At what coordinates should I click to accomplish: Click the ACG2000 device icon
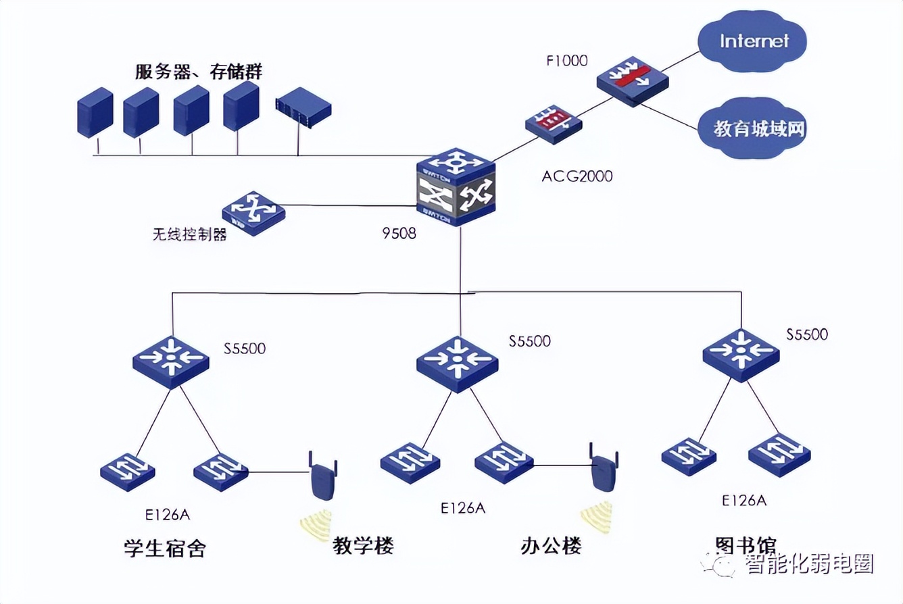point(554,124)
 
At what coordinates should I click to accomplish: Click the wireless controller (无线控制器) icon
point(253,212)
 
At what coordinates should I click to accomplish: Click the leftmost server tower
point(95,113)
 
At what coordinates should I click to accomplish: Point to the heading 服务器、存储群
point(199,72)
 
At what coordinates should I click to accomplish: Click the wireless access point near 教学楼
point(323,477)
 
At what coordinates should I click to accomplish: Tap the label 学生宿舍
point(165,547)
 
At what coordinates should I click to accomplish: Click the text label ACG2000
point(577,176)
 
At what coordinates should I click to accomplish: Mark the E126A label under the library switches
point(743,501)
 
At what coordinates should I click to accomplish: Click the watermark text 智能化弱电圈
point(808,563)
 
